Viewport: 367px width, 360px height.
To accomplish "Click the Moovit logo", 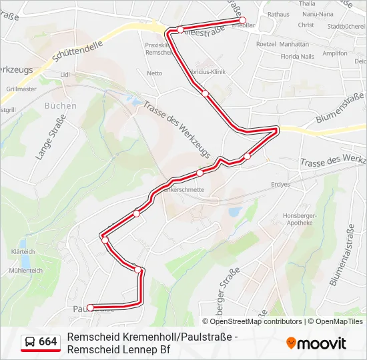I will (x=316, y=343).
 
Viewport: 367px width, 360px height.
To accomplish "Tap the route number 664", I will (x=48, y=342).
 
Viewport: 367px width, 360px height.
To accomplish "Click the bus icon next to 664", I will (x=30, y=342).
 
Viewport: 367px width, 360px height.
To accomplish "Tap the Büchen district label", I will (x=61, y=105).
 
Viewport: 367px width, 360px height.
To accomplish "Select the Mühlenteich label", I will (x=26, y=271).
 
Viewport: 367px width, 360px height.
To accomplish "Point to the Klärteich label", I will (x=23, y=252).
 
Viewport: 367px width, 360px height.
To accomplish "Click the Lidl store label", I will (x=65, y=75).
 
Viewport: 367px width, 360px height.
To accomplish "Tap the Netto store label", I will (x=154, y=73).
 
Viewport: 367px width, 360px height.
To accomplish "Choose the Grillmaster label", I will (x=21, y=88).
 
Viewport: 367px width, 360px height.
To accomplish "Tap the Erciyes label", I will (x=282, y=184).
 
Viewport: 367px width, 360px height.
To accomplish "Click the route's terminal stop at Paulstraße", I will (x=91, y=307).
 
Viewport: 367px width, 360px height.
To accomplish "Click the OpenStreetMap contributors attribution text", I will (x=247, y=321).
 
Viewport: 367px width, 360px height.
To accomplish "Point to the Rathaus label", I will (x=278, y=13).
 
